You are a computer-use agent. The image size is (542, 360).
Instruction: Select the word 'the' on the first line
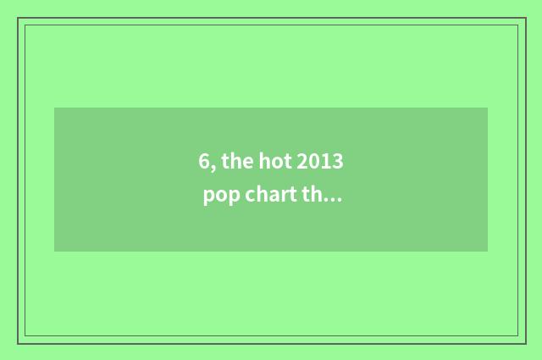(235, 162)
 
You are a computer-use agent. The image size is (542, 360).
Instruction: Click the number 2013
(321, 162)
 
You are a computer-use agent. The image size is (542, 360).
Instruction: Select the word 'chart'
(270, 196)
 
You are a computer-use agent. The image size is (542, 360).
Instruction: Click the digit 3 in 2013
(340, 162)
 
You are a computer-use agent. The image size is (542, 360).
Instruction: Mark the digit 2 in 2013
(302, 162)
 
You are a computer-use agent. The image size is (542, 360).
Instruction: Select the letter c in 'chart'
(252, 197)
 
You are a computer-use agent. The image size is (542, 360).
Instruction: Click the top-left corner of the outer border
(18, 18)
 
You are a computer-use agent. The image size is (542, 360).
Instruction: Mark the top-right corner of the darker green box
(487, 108)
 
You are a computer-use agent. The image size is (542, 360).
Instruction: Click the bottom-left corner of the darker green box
(55, 251)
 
